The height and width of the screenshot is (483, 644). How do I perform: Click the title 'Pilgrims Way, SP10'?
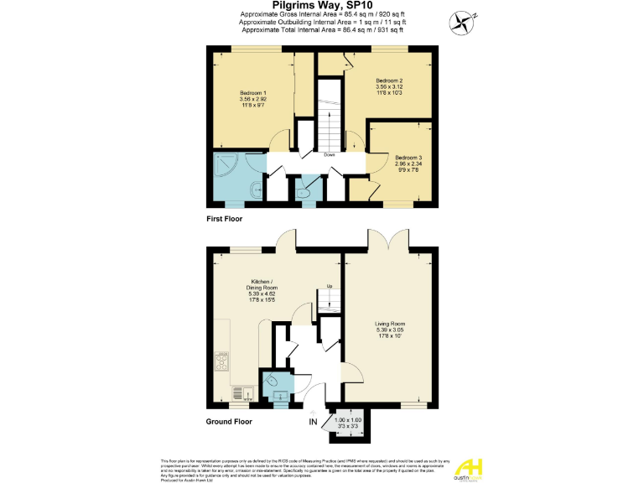click(x=323, y=6)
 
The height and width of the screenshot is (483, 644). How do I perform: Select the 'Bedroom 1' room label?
click(x=252, y=92)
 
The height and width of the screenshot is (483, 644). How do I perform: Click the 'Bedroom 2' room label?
click(x=388, y=81)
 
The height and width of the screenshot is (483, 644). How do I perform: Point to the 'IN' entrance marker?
click(x=313, y=421)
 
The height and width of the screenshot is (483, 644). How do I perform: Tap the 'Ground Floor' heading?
click(x=229, y=423)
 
